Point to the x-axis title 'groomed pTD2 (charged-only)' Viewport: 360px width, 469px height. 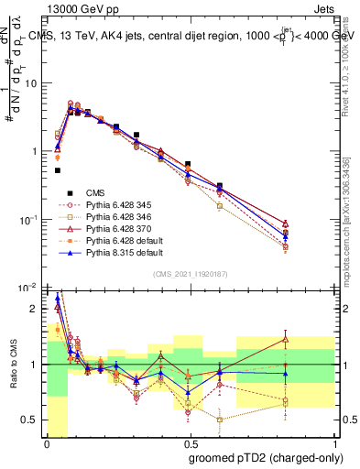pyautogui.click(x=262, y=456)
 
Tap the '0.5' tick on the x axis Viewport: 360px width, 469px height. pyautogui.click(x=191, y=443)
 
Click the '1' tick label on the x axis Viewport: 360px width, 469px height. pyautogui.click(x=334, y=443)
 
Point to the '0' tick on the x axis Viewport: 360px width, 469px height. pyautogui.click(x=47, y=443)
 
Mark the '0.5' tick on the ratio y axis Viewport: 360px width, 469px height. pyautogui.click(x=31, y=420)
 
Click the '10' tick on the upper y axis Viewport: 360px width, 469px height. pyautogui.click(x=31, y=82)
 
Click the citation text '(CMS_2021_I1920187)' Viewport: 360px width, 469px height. pyautogui.click(x=191, y=273)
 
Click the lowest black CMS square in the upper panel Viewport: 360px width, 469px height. pyautogui.click(x=57, y=170)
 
